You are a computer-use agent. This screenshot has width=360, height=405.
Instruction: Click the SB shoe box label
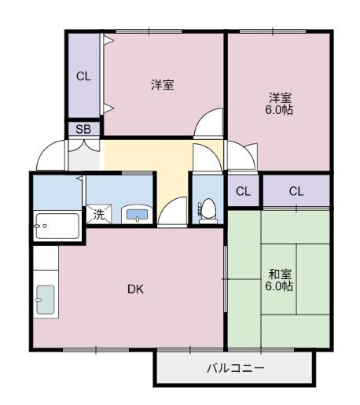(x=82, y=129)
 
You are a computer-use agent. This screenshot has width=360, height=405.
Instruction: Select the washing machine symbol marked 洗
(x=99, y=213)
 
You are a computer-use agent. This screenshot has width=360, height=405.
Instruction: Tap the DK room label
(x=135, y=289)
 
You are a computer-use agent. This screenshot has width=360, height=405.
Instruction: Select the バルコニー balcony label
(x=235, y=367)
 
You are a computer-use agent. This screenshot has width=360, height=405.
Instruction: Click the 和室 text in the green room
(x=279, y=274)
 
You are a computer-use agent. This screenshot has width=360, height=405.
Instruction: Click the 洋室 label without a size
(x=163, y=85)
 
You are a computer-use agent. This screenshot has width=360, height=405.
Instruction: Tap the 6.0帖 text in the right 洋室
(x=279, y=110)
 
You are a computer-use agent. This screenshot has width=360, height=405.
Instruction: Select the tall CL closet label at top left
(x=83, y=76)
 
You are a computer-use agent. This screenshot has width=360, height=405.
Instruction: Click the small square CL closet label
(x=244, y=191)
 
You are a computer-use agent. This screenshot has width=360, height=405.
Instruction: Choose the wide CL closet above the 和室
(x=296, y=191)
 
